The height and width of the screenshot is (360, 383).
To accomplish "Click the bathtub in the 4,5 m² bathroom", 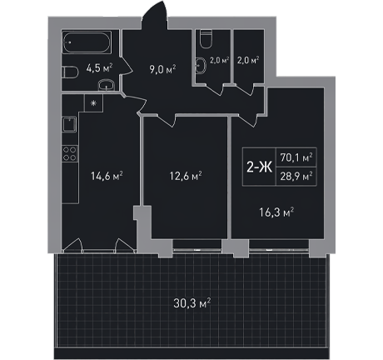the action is pyautogui.click(x=87, y=42).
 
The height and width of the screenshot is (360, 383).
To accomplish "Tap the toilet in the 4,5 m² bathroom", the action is pyautogui.click(x=70, y=72).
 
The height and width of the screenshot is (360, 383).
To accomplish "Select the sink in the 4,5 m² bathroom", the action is pyautogui.click(x=107, y=85).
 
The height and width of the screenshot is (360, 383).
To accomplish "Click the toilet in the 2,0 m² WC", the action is pyautogui.click(x=206, y=39).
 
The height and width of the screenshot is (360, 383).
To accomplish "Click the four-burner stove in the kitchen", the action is pyautogui.click(x=70, y=153).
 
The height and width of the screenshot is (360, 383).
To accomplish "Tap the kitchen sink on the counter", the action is pyautogui.click(x=69, y=124).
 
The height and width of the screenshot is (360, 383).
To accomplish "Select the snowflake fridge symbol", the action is pyautogui.click(x=94, y=103).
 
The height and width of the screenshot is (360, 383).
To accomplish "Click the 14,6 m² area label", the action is pyautogui.click(x=107, y=176).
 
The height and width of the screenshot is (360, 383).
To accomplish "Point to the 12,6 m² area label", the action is pyautogui.click(x=186, y=176).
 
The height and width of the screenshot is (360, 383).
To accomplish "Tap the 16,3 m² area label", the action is pyautogui.click(x=276, y=212).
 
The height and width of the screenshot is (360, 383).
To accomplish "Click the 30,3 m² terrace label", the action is pyautogui.click(x=192, y=303).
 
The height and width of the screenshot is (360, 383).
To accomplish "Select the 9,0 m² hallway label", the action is pyautogui.click(x=162, y=69).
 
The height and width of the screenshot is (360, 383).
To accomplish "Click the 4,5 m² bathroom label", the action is pyautogui.click(x=99, y=68).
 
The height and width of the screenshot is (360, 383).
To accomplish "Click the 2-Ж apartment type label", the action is pyautogui.click(x=260, y=167).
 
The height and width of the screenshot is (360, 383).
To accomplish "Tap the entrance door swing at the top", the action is pyautogui.click(x=156, y=15).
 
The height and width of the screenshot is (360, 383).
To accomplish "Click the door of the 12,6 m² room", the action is pyautogui.click(x=166, y=120).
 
